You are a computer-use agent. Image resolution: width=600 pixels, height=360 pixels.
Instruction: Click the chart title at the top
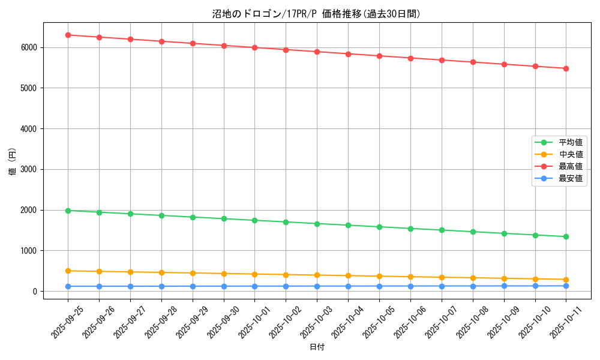(x=317, y=14)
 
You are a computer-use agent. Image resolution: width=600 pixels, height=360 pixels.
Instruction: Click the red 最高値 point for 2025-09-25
(x=68, y=35)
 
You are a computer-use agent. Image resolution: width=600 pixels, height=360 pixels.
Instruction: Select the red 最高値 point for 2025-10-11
(x=566, y=68)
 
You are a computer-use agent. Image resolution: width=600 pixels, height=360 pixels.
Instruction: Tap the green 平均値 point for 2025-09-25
(x=68, y=211)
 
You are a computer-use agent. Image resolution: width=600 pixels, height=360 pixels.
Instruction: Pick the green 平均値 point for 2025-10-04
(x=348, y=225)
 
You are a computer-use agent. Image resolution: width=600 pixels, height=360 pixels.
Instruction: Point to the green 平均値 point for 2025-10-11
(x=566, y=236)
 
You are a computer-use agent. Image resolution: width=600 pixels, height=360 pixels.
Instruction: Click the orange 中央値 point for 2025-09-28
(x=161, y=272)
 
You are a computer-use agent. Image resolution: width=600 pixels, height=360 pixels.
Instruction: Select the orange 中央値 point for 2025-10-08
(x=473, y=278)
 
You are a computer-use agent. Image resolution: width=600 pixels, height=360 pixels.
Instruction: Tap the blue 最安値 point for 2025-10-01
(x=255, y=286)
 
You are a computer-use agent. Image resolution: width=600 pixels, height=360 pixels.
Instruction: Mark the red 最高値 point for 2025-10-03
(x=317, y=52)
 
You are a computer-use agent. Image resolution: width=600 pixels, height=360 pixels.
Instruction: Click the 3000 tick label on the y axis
(x=30, y=169)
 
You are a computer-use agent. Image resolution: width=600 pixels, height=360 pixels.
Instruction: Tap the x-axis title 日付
(x=317, y=347)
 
